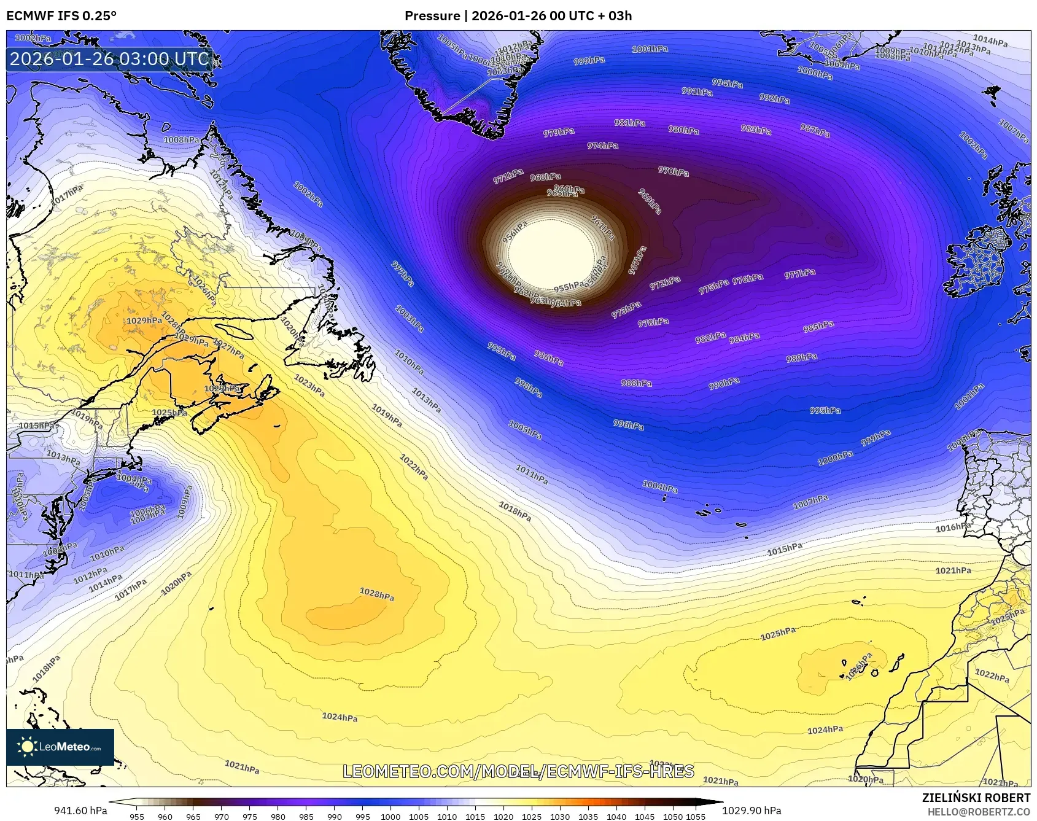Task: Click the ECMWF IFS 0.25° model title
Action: pyautogui.click(x=61, y=16)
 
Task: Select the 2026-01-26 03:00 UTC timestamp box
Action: pyautogui.click(x=109, y=59)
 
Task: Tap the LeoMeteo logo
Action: pyautogui.click(x=60, y=747)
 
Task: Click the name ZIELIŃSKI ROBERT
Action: pyautogui.click(x=976, y=798)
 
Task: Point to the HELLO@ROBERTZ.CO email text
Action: pyautogui.click(x=978, y=812)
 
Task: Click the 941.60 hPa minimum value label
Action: pyautogui.click(x=80, y=811)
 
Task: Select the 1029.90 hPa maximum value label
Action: pyautogui.click(x=752, y=811)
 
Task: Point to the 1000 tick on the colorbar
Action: pyautogui.click(x=390, y=817)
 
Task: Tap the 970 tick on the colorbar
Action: pyautogui.click(x=222, y=817)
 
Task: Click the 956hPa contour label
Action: pyautogui.click(x=515, y=232)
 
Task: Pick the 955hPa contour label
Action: pyautogui.click(x=569, y=287)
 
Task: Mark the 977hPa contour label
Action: pyautogui.click(x=799, y=274)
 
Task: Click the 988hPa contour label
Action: pyautogui.click(x=636, y=383)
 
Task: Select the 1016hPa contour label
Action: pyautogui.click(x=953, y=527)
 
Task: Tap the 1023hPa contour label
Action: pyautogui.click(x=309, y=385)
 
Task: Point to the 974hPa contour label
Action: pyautogui.click(x=602, y=146)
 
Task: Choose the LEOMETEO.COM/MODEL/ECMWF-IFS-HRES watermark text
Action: pyautogui.click(x=518, y=771)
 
